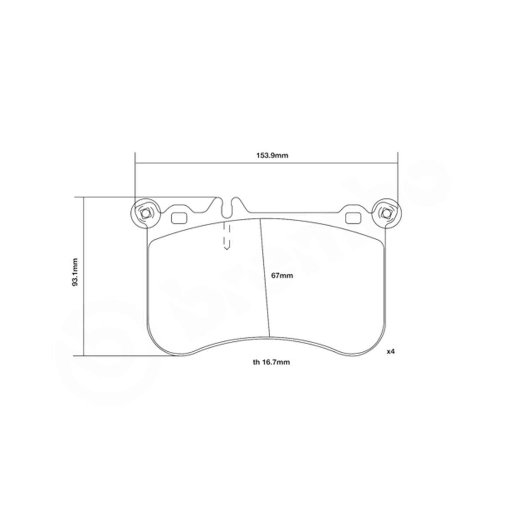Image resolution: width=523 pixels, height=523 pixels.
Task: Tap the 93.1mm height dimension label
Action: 75,272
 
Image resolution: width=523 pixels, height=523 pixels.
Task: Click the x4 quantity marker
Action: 391,351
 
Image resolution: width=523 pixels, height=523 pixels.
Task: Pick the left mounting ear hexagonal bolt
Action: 146,214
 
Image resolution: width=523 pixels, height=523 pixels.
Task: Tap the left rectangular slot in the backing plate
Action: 179,217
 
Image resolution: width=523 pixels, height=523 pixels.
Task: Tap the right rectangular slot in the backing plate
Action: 352,217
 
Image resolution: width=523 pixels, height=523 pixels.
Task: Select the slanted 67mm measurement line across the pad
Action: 265,279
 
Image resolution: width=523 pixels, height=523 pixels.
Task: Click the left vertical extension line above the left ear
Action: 136,179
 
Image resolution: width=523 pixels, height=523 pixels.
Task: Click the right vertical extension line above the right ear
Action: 397,179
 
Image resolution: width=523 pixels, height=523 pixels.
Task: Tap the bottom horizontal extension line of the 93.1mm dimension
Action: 126,356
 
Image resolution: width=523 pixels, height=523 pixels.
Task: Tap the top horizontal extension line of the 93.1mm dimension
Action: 148,197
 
